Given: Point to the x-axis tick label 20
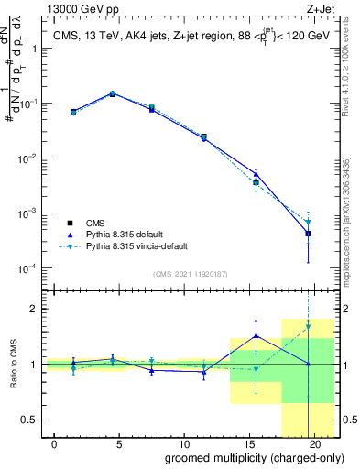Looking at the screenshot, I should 314,443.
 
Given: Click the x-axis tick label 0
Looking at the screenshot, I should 55,443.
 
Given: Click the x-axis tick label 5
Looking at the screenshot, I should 120,443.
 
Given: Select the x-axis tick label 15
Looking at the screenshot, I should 249,443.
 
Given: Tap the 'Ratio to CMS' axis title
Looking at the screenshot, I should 12,365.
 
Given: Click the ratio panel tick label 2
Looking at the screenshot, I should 37,309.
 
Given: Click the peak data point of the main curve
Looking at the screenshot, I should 113,93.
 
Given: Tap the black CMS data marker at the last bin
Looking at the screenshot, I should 308,234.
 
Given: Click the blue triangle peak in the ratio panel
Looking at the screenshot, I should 256,335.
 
